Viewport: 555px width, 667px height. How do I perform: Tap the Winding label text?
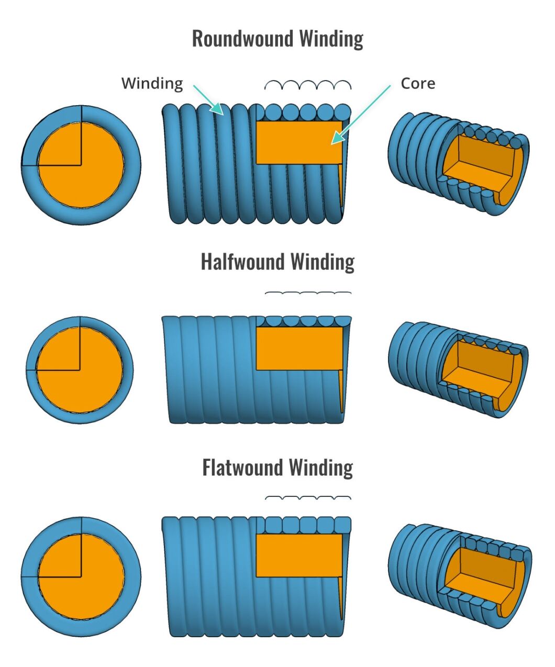152,83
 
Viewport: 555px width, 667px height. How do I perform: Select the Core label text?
418,83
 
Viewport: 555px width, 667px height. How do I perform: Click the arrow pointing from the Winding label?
207,98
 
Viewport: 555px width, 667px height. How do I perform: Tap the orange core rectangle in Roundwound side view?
298,142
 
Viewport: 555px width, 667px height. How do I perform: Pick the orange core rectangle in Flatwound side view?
298,555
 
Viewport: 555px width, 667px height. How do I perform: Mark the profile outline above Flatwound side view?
308,498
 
